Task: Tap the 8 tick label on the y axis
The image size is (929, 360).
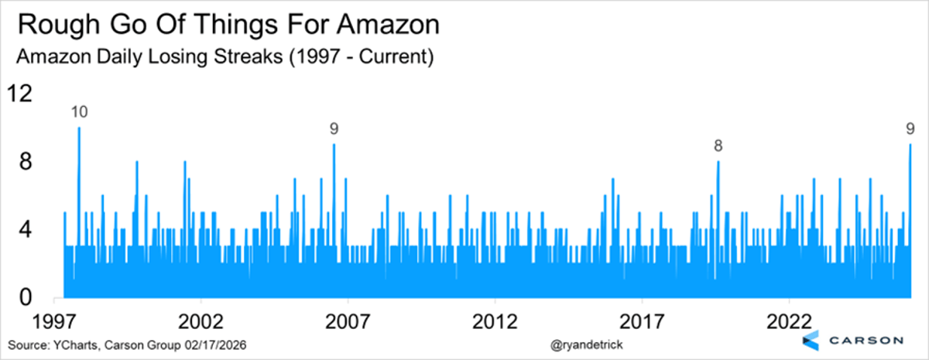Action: point(25,162)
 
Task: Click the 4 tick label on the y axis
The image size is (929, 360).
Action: point(25,230)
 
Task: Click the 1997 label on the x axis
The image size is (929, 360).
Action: point(54,321)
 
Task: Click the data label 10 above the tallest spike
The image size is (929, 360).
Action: point(79,112)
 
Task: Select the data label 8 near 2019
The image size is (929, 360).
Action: point(718,146)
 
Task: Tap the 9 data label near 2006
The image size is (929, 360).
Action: point(334,129)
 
